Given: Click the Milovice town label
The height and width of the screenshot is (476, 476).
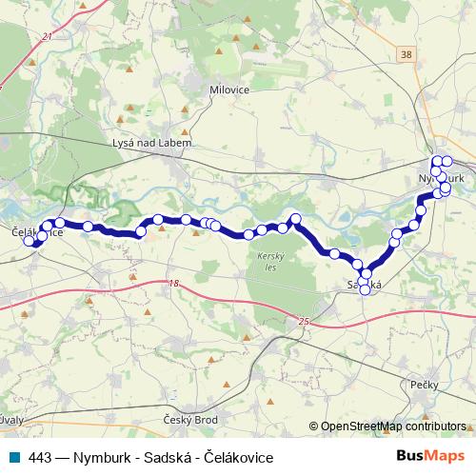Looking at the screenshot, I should (228, 90).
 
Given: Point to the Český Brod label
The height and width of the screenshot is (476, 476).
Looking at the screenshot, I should (191, 419).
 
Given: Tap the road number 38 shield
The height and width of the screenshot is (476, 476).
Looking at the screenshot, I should (408, 55).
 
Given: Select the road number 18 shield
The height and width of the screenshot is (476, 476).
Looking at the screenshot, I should (173, 284).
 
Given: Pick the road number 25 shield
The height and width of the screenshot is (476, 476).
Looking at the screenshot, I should (304, 323).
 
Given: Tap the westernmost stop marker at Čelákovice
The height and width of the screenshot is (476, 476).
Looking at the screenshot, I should (30, 240).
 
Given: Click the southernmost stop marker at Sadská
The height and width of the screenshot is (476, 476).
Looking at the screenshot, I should (365, 290).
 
